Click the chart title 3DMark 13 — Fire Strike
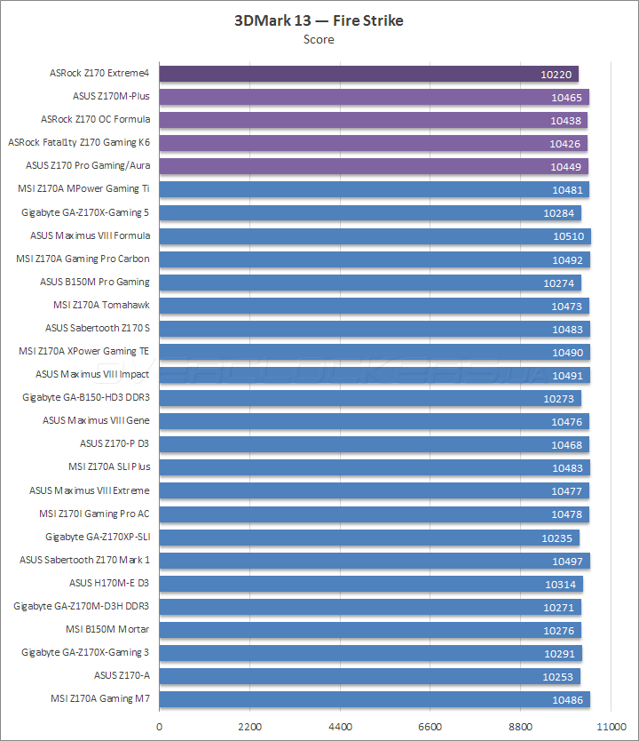click(x=319, y=20)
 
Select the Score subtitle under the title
click(x=319, y=39)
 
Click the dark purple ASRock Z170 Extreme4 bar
click(x=368, y=74)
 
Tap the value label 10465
click(x=566, y=97)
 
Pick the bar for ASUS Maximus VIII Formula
click(x=375, y=235)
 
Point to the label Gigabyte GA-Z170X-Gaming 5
click(x=85, y=212)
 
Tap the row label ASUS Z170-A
click(x=122, y=676)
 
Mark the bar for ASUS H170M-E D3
click(x=370, y=584)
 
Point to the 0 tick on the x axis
click(x=160, y=726)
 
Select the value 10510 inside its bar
click(x=568, y=236)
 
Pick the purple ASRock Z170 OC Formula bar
click(x=373, y=120)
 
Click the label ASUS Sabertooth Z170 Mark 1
click(x=85, y=561)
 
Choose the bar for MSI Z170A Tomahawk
click(x=374, y=306)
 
